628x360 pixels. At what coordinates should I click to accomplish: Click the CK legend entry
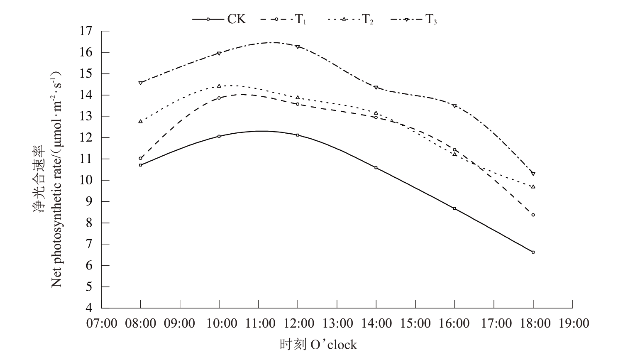220,19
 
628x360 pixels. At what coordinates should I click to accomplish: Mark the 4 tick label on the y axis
89,308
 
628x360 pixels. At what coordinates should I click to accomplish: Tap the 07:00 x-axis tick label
101,323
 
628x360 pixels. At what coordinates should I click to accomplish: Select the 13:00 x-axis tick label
337,323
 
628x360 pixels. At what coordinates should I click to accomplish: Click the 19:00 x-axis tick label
572,323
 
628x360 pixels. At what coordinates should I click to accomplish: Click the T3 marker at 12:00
298,47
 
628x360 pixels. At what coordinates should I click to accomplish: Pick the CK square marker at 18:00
533,252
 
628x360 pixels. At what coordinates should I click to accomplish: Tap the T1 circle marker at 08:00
141,158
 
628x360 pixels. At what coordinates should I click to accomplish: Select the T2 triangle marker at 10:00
219,86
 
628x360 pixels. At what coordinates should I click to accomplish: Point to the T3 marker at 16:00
455,106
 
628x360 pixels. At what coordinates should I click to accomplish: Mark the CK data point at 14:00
376,168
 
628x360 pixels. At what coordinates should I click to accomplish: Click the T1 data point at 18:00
533,215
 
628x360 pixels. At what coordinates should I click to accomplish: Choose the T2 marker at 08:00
141,121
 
